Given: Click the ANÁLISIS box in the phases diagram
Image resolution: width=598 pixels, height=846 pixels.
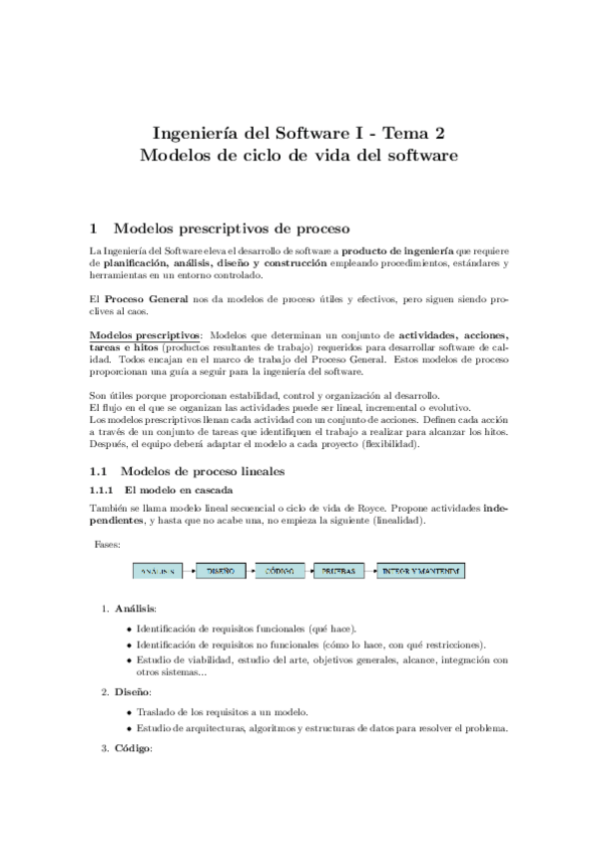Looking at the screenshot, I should coord(159,572).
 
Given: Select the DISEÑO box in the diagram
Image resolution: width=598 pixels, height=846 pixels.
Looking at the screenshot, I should coord(221,572).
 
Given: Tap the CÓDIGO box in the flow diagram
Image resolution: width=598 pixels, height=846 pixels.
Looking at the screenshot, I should coord(281,572).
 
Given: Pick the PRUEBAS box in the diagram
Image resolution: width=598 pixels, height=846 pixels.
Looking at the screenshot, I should coord(339,572).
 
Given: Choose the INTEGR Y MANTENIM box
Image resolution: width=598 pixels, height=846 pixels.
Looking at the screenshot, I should coord(422,572).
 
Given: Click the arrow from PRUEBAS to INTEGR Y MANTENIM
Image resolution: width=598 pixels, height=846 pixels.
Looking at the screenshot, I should coord(371,572).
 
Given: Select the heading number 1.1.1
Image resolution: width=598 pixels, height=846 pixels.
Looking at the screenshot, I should coord(103,491).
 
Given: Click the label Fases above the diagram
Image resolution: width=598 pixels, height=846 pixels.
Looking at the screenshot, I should coord(108,546).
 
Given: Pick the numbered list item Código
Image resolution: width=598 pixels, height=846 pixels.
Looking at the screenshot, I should coord(136,749).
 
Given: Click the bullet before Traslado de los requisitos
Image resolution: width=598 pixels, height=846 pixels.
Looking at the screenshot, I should coord(130,711).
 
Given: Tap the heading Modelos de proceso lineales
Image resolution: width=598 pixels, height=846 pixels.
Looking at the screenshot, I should coord(202,471).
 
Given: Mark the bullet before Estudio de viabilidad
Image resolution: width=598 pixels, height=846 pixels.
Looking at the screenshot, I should coord(130,659).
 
